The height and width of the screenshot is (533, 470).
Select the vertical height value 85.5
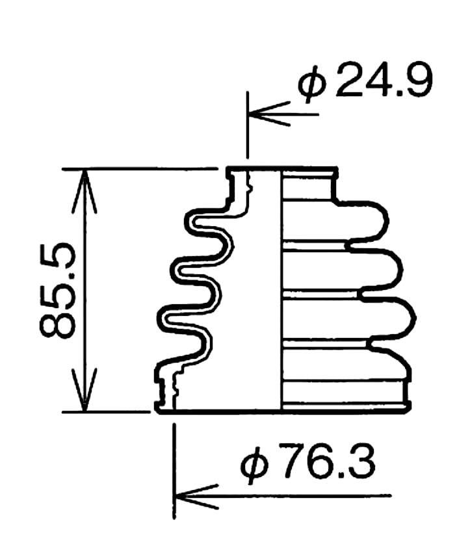click(x=59, y=290)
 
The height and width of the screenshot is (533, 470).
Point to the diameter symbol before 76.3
click(x=255, y=465)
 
